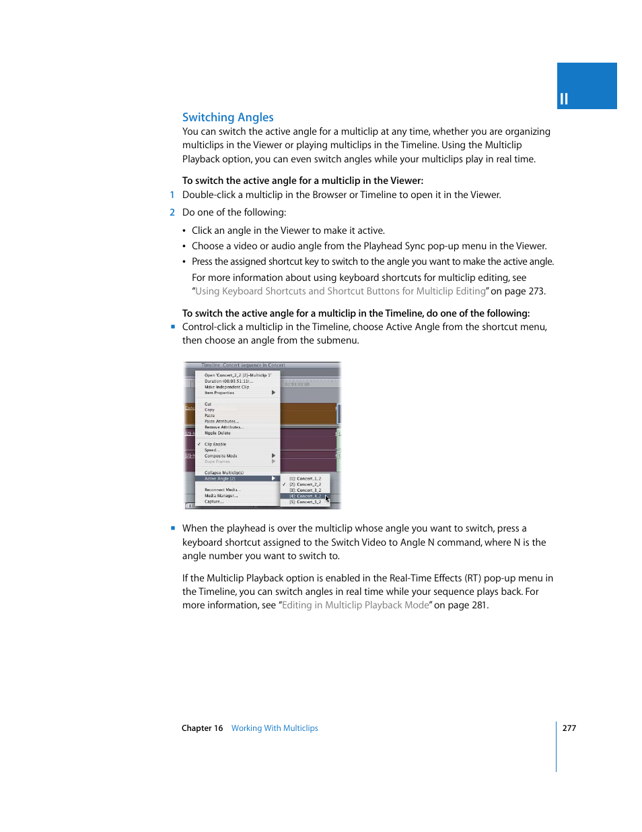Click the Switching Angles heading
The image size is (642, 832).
(227, 117)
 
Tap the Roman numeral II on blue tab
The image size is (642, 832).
(564, 99)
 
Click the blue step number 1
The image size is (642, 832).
(172, 195)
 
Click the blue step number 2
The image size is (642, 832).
(172, 212)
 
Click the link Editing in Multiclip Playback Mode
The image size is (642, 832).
(355, 605)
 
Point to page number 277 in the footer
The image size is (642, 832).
(569, 728)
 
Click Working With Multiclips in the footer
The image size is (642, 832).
(275, 728)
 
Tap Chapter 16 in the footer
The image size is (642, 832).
(202, 728)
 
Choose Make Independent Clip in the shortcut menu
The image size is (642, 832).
(227, 387)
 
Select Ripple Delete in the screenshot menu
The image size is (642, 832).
(217, 433)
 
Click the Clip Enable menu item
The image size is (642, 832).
(215, 445)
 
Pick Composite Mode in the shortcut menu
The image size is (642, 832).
(221, 456)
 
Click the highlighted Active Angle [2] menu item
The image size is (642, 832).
(221, 479)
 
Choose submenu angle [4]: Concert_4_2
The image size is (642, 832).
(305, 496)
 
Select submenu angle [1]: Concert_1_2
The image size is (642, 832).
(305, 479)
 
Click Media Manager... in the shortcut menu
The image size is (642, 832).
(221, 496)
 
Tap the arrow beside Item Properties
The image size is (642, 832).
(273, 393)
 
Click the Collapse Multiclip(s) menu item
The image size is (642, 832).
(224, 473)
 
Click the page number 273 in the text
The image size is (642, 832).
(536, 291)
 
